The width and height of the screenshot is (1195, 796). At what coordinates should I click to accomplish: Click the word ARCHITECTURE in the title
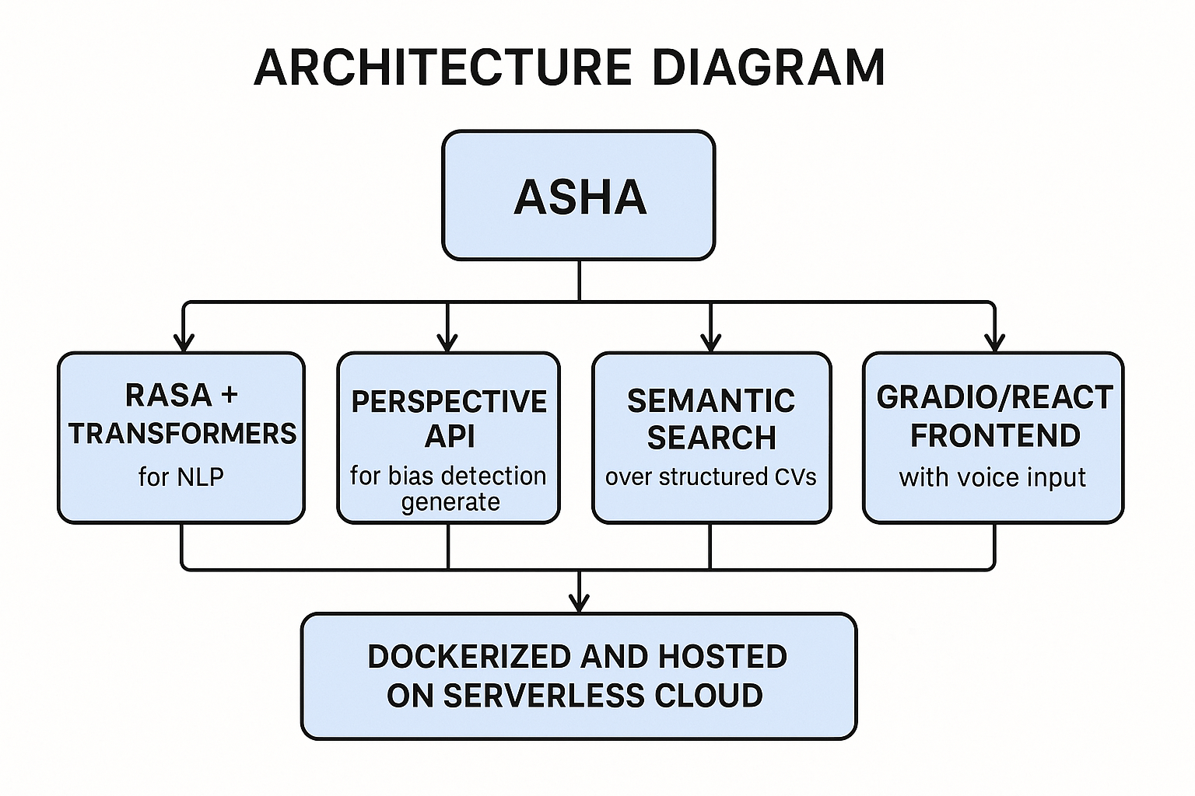click(x=442, y=67)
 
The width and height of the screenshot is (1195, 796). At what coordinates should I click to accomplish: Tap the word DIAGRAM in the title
click(x=768, y=67)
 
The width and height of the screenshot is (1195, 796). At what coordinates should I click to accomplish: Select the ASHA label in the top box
click(x=580, y=197)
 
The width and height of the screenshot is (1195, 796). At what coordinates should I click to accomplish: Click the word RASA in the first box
click(x=168, y=395)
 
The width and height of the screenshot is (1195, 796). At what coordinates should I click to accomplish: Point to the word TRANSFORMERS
click(x=182, y=434)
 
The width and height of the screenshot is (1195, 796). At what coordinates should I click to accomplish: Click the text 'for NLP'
click(x=180, y=476)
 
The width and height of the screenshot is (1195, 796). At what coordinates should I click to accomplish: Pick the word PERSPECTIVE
click(x=449, y=402)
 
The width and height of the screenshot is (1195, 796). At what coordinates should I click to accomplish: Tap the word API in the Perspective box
click(x=449, y=437)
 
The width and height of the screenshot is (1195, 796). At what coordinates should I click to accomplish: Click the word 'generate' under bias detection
click(x=450, y=502)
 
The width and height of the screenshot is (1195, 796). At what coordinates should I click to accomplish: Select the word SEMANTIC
click(x=710, y=401)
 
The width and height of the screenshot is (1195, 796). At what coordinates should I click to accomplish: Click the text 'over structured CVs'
click(x=710, y=477)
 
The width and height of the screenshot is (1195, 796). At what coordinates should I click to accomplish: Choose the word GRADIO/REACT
click(x=994, y=397)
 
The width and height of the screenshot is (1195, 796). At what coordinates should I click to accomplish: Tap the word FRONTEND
click(x=994, y=436)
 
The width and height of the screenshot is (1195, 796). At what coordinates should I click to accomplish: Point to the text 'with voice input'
click(x=992, y=477)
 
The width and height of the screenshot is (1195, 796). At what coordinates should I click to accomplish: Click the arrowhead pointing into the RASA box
click(x=183, y=343)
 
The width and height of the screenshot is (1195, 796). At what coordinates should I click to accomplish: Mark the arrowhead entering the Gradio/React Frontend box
click(x=994, y=343)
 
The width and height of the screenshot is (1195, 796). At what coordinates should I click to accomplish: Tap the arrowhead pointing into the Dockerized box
click(x=579, y=602)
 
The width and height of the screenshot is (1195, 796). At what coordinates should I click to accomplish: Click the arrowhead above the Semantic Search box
click(x=710, y=343)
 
